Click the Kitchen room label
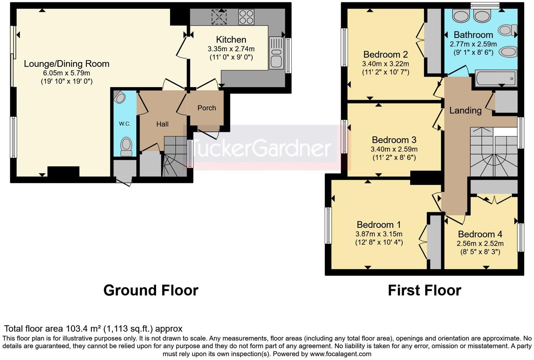pyautogui.click(x=231, y=39)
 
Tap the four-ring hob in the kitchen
pyautogui.click(x=246, y=17)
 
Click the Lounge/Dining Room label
pyautogui.click(x=66, y=64)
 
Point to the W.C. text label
pyautogui.click(x=124, y=124)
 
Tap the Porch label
pyautogui.click(x=207, y=108)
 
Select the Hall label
pyautogui.click(x=162, y=124)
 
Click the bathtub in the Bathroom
pyautogui.click(x=496, y=78)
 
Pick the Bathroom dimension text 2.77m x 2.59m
pyautogui.click(x=473, y=44)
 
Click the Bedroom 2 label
pyautogui.click(x=385, y=54)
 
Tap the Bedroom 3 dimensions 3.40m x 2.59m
pyautogui.click(x=394, y=149)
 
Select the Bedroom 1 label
pyautogui.click(x=379, y=225)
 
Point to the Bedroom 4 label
pyautogui.click(x=480, y=234)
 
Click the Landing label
pyautogui.click(x=465, y=110)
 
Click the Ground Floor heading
pyautogui.click(x=151, y=290)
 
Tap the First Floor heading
pyautogui.click(x=424, y=290)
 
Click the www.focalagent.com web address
pyautogui.click(x=340, y=354)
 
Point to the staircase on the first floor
pyautogui.click(x=493, y=152)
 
